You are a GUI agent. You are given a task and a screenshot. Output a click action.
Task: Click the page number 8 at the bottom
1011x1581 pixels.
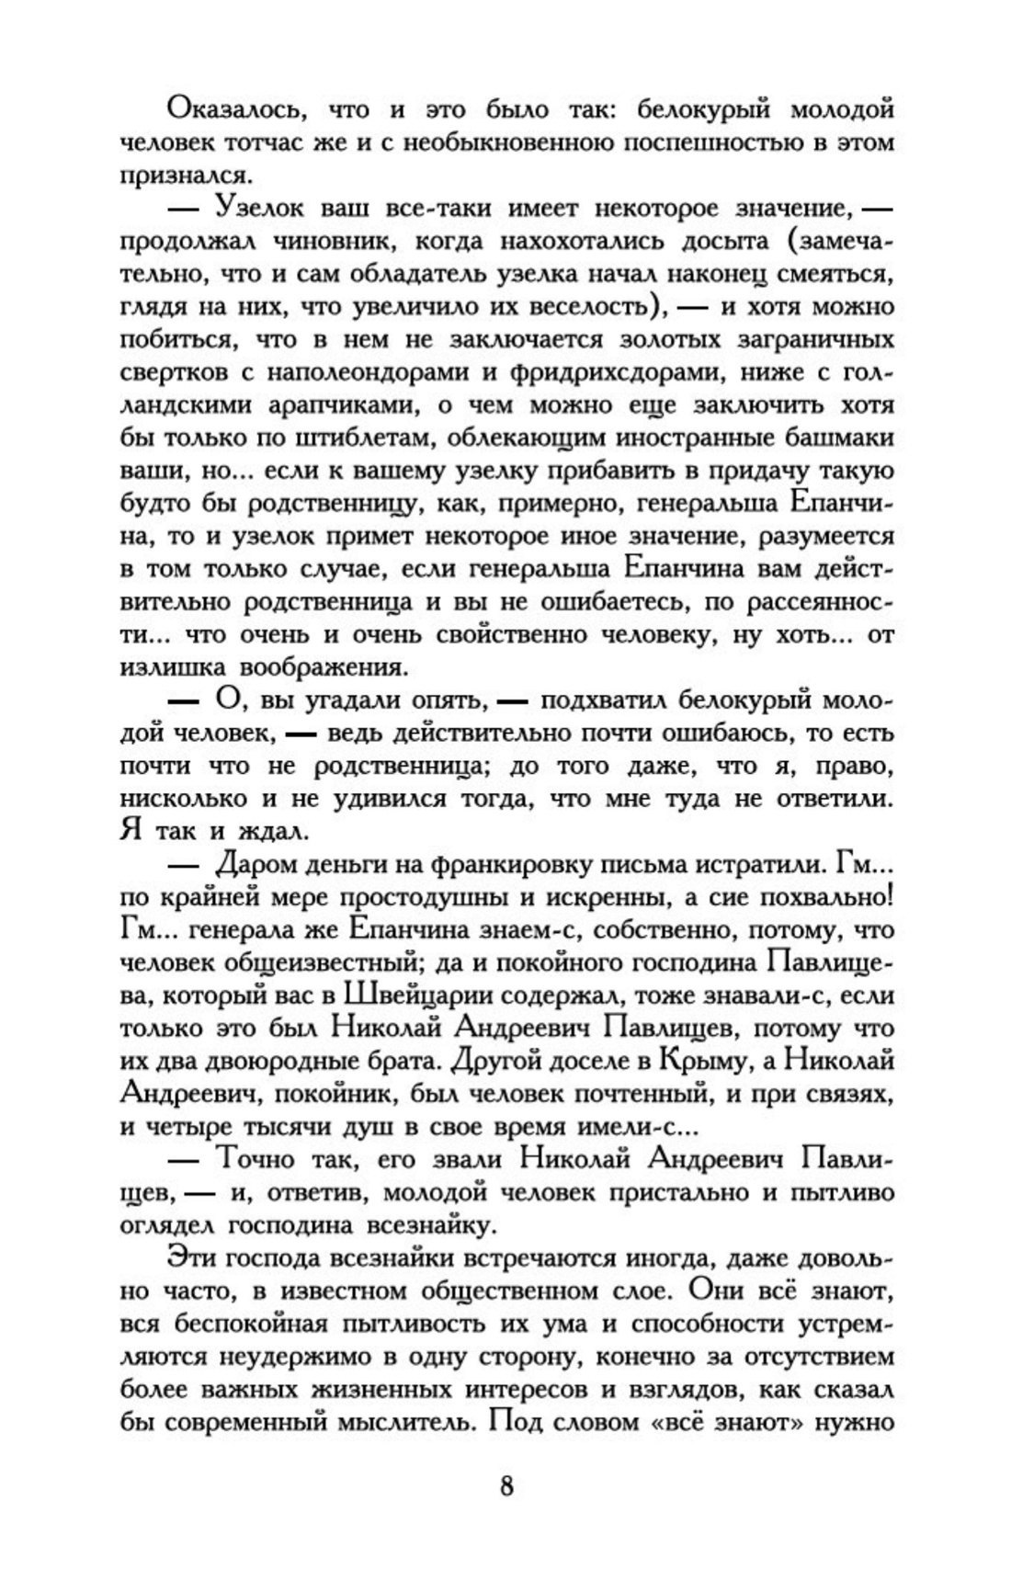506,1485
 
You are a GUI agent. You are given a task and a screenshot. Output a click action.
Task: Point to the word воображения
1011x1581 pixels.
321,667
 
